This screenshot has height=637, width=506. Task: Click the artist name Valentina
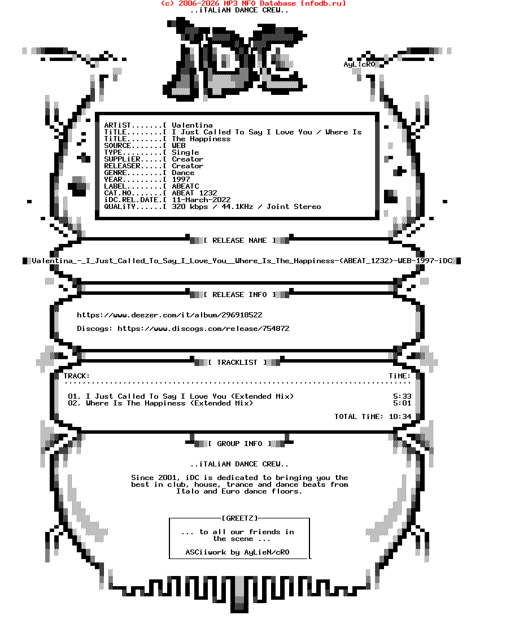(x=192, y=125)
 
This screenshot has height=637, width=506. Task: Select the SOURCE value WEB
(x=178, y=146)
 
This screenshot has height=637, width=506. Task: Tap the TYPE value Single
(x=185, y=152)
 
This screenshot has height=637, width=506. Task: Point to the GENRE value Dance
(x=183, y=173)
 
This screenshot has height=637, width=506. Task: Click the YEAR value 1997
(x=181, y=179)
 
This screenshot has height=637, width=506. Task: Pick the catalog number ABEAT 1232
(x=194, y=193)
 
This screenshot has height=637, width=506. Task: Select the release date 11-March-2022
(x=201, y=199)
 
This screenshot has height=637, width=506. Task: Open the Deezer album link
(x=169, y=315)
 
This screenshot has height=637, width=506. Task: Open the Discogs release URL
(x=203, y=328)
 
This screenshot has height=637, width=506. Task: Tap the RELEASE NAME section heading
(x=239, y=241)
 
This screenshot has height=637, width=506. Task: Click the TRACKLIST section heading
(x=237, y=363)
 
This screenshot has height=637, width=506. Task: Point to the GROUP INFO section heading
(x=239, y=444)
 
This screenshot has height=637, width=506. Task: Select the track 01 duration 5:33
(x=402, y=396)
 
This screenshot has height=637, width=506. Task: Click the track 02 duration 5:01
(x=402, y=403)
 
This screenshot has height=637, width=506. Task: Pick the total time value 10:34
(x=400, y=416)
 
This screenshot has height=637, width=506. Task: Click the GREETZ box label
(x=239, y=518)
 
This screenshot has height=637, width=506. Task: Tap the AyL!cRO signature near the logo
(x=359, y=64)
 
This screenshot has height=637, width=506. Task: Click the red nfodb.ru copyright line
(x=253, y=3)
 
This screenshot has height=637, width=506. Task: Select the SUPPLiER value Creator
(x=187, y=159)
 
